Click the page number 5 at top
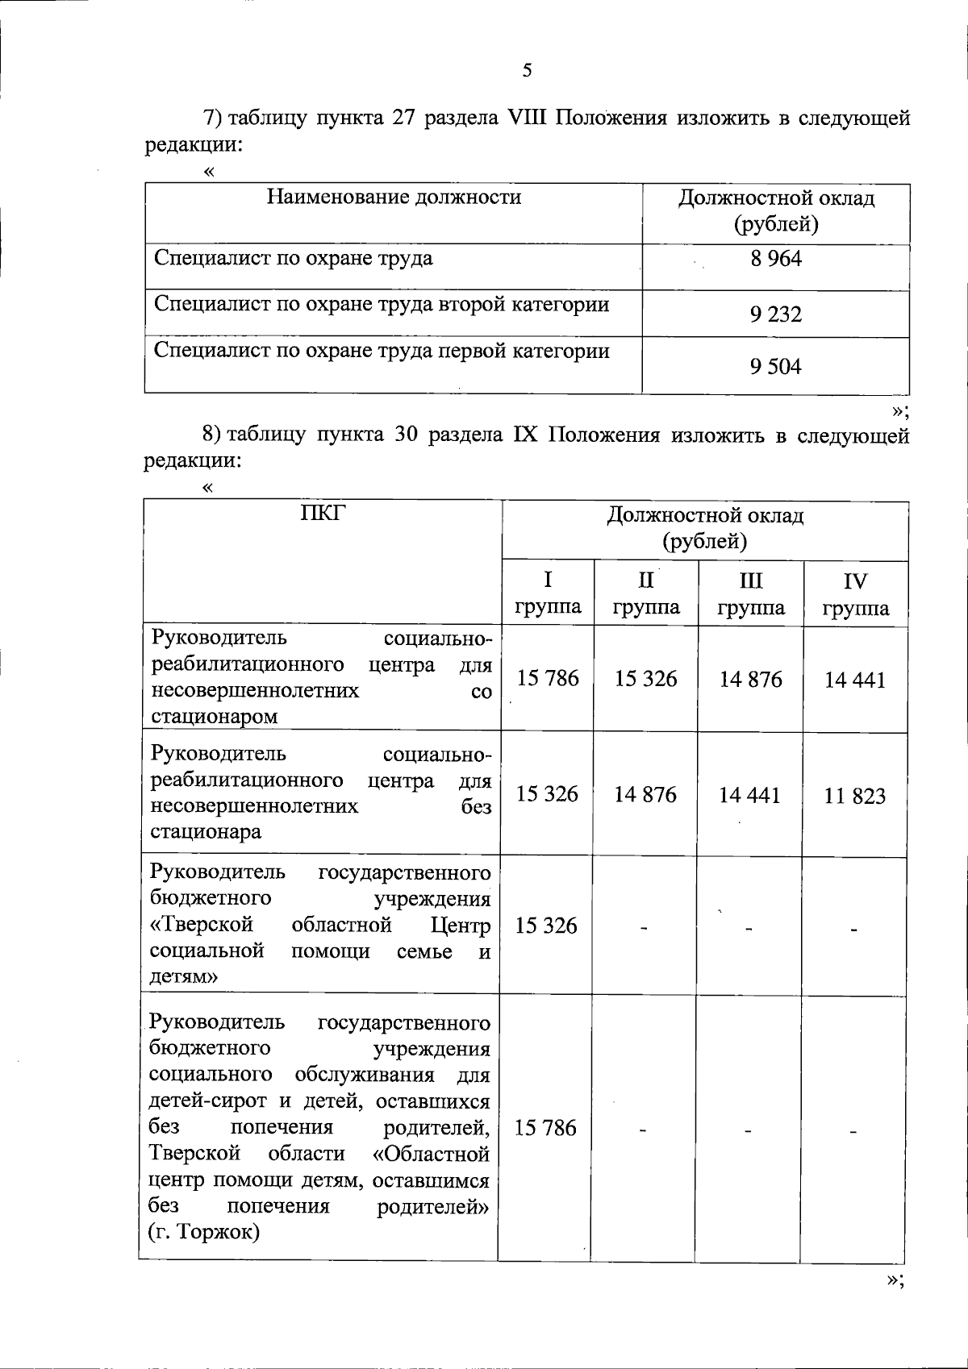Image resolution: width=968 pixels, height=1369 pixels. (527, 71)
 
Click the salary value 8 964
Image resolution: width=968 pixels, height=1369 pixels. (775, 260)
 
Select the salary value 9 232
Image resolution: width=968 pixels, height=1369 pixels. (775, 314)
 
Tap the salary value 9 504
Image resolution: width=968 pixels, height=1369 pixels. (775, 368)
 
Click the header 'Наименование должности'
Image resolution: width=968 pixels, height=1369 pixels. (394, 198)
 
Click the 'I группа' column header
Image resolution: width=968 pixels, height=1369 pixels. (548, 594)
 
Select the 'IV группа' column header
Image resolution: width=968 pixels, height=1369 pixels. (855, 595)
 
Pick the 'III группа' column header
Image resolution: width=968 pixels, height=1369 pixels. (750, 595)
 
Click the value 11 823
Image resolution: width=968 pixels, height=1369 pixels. (854, 797)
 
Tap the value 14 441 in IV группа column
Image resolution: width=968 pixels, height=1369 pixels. (854, 680)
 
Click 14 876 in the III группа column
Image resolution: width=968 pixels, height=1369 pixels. (750, 680)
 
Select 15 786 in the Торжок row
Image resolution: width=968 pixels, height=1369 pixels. (545, 1128)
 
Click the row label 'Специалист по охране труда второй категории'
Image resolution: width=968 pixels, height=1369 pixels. (381, 306)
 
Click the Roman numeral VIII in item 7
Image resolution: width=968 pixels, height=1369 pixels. (528, 119)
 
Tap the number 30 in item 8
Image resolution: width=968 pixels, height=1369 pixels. (406, 436)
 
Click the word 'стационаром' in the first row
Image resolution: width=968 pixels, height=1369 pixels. (214, 716)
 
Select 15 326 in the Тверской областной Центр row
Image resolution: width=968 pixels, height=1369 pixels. (546, 926)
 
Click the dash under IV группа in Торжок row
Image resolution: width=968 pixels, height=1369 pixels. (853, 1131)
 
